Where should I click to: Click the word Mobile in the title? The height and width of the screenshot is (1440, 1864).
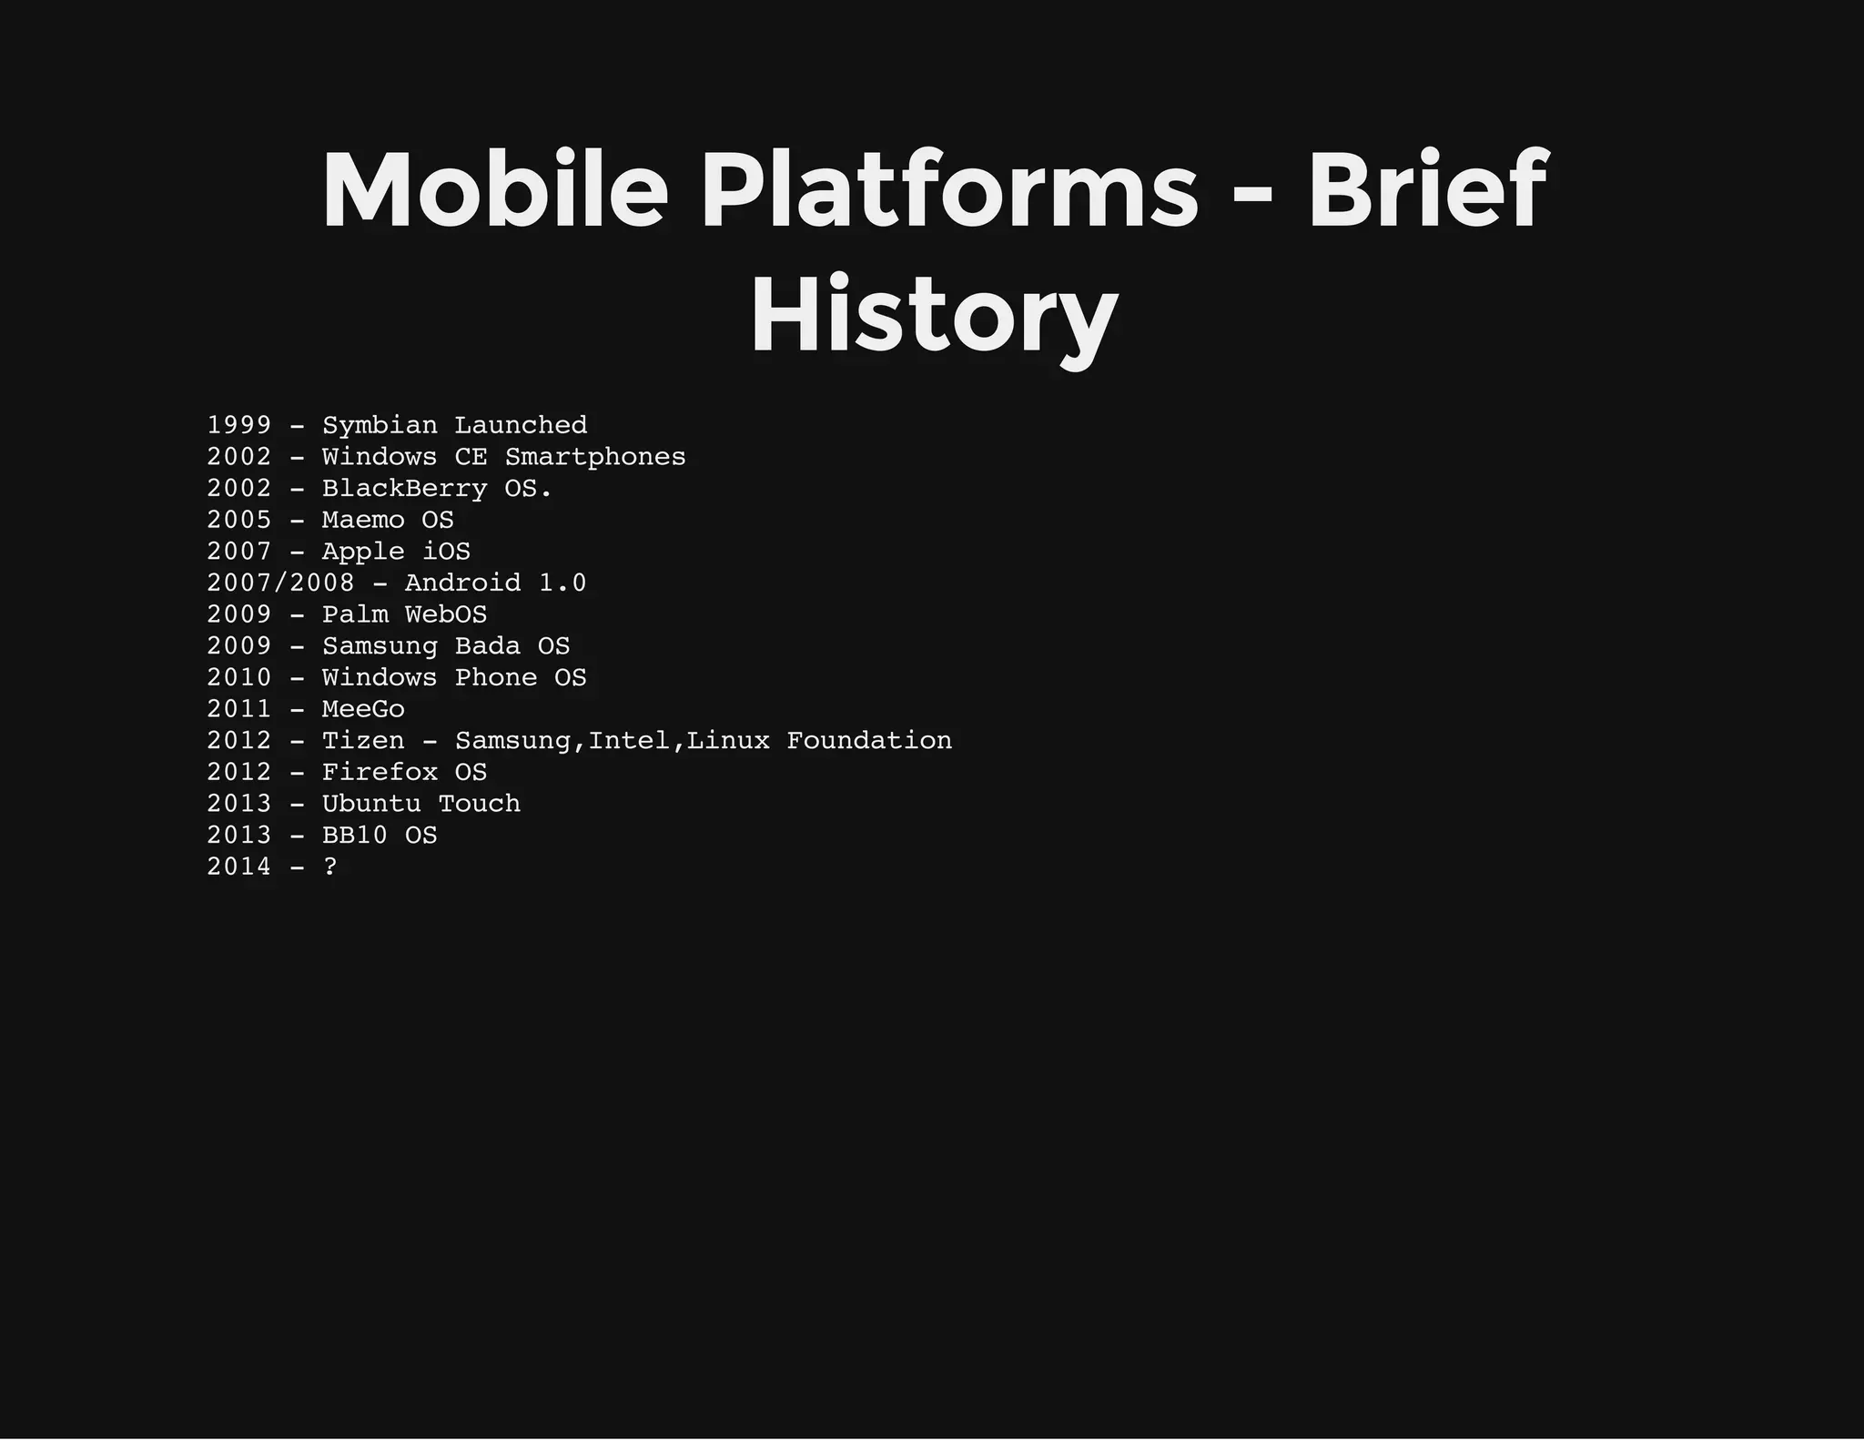tap(495, 191)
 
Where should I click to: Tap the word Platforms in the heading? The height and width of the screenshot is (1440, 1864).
tap(949, 191)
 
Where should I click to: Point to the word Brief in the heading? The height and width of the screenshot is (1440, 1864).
tap(1427, 191)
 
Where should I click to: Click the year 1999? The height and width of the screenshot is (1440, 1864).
tap(238, 425)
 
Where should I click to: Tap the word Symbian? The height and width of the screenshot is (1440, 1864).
tap(380, 426)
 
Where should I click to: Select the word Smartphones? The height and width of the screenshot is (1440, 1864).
tap(595, 457)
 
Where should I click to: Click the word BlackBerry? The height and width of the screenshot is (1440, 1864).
tap(404, 489)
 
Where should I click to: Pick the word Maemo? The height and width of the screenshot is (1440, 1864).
tap(363, 520)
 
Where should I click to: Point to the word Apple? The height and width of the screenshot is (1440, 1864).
tap(363, 553)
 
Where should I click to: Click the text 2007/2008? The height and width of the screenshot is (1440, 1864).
tap(280, 583)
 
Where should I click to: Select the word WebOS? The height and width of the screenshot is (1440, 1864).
tap(446, 614)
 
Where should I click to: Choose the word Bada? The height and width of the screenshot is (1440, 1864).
tap(487, 646)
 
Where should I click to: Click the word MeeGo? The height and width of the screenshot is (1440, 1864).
tap(363, 709)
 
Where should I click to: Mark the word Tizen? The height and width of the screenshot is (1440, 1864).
tap(363, 741)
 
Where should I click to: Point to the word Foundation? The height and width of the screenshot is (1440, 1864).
tap(869, 741)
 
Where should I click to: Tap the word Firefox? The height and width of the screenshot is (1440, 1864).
tap(380, 772)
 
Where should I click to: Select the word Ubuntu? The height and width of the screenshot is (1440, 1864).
tap(371, 804)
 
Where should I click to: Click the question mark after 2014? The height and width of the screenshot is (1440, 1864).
tap(330, 867)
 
